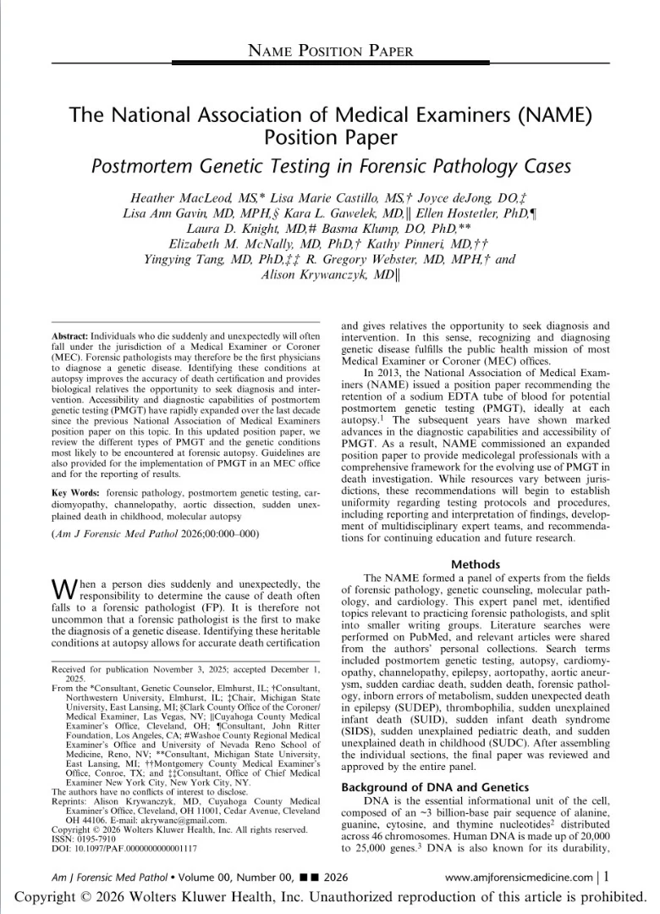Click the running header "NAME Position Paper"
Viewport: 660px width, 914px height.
[x=330, y=51]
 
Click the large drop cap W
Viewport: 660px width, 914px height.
[x=64, y=591]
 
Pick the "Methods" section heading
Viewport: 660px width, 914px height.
[x=476, y=564]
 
